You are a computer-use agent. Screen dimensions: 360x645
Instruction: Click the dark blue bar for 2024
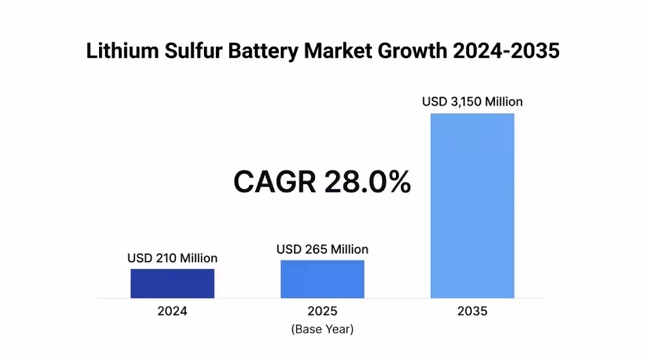(172, 283)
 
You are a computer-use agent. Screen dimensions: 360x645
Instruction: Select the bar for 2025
(322, 279)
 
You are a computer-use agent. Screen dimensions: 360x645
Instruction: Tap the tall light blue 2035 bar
(472, 205)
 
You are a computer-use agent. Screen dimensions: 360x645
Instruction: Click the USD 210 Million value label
(172, 258)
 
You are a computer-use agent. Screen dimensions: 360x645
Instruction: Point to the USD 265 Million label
(322, 249)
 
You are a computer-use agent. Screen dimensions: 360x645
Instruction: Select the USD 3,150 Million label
(472, 102)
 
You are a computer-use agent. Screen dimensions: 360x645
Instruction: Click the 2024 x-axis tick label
(172, 311)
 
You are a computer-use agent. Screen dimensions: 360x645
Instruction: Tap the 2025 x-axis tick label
(322, 311)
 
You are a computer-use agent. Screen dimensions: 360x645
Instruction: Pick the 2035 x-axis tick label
(472, 311)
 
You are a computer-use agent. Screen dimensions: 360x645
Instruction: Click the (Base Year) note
(322, 329)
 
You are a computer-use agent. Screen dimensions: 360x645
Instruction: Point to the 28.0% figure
(368, 182)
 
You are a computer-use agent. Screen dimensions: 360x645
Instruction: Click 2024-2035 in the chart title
(506, 52)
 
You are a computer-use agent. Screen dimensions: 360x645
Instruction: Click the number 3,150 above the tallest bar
(466, 102)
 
